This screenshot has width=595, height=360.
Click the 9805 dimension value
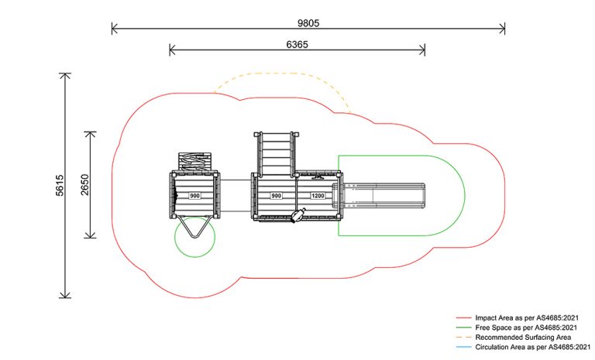click(x=308, y=23)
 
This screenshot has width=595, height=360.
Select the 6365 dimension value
click(x=297, y=45)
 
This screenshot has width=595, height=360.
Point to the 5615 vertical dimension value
click(x=60, y=185)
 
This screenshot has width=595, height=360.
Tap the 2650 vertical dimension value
click(x=85, y=185)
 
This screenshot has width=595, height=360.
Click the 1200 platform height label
click(x=318, y=196)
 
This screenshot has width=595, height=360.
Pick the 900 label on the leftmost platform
click(x=194, y=196)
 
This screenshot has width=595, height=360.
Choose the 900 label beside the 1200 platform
click(x=277, y=196)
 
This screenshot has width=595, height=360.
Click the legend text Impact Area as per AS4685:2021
click(x=527, y=318)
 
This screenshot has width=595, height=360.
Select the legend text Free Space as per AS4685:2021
click(x=526, y=327)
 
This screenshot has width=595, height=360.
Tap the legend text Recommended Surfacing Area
click(x=523, y=338)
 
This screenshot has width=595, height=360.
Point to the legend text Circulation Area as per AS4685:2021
click(x=533, y=347)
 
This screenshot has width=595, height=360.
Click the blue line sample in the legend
click(x=463, y=347)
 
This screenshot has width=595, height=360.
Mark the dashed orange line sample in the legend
click(x=463, y=338)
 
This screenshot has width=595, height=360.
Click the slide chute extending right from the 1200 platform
click(x=380, y=196)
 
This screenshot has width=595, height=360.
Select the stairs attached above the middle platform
click(x=277, y=154)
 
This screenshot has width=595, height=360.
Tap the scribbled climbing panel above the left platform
click(x=195, y=163)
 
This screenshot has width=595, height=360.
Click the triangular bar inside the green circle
click(x=194, y=228)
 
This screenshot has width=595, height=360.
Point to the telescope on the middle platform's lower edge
click(x=298, y=215)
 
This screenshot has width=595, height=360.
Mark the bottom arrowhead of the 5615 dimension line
click(x=65, y=295)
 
